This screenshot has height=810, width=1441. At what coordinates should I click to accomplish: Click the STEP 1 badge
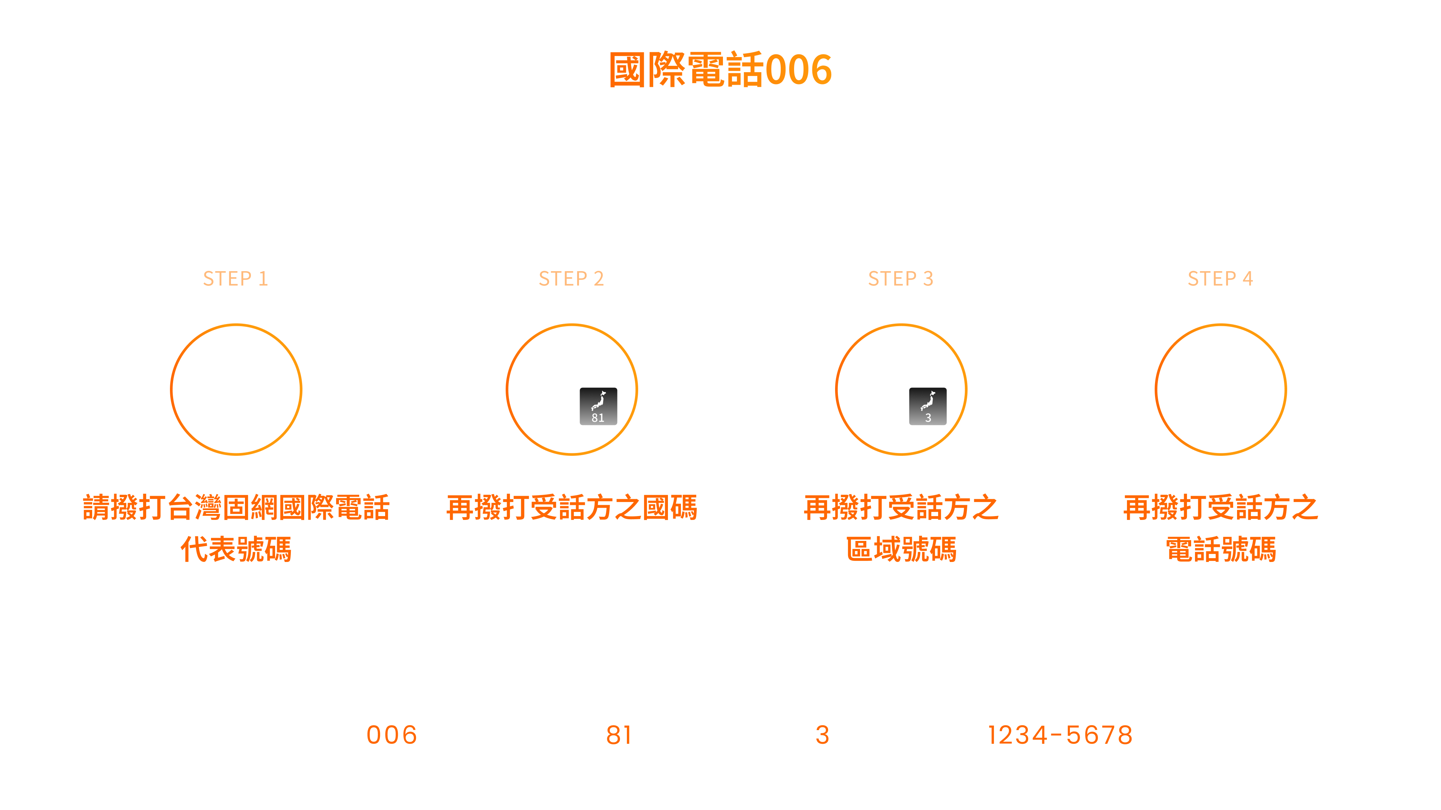pos(235,277)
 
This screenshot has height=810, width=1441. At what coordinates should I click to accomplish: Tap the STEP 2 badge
pos(571,277)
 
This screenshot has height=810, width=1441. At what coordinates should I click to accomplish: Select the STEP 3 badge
pos(901,277)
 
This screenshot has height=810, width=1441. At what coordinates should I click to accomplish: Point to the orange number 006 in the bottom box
pos(391,734)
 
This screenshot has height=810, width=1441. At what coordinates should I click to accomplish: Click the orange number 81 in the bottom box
pos(619,734)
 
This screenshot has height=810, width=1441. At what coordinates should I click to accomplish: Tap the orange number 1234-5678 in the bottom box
pos(1060,734)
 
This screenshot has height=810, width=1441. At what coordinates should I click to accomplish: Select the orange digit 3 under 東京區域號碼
pos(822,734)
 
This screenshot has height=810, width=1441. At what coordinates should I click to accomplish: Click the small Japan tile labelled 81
pos(599,406)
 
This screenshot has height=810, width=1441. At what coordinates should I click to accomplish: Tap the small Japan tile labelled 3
pos(928,406)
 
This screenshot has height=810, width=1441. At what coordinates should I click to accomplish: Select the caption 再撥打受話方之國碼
pos(572,507)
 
